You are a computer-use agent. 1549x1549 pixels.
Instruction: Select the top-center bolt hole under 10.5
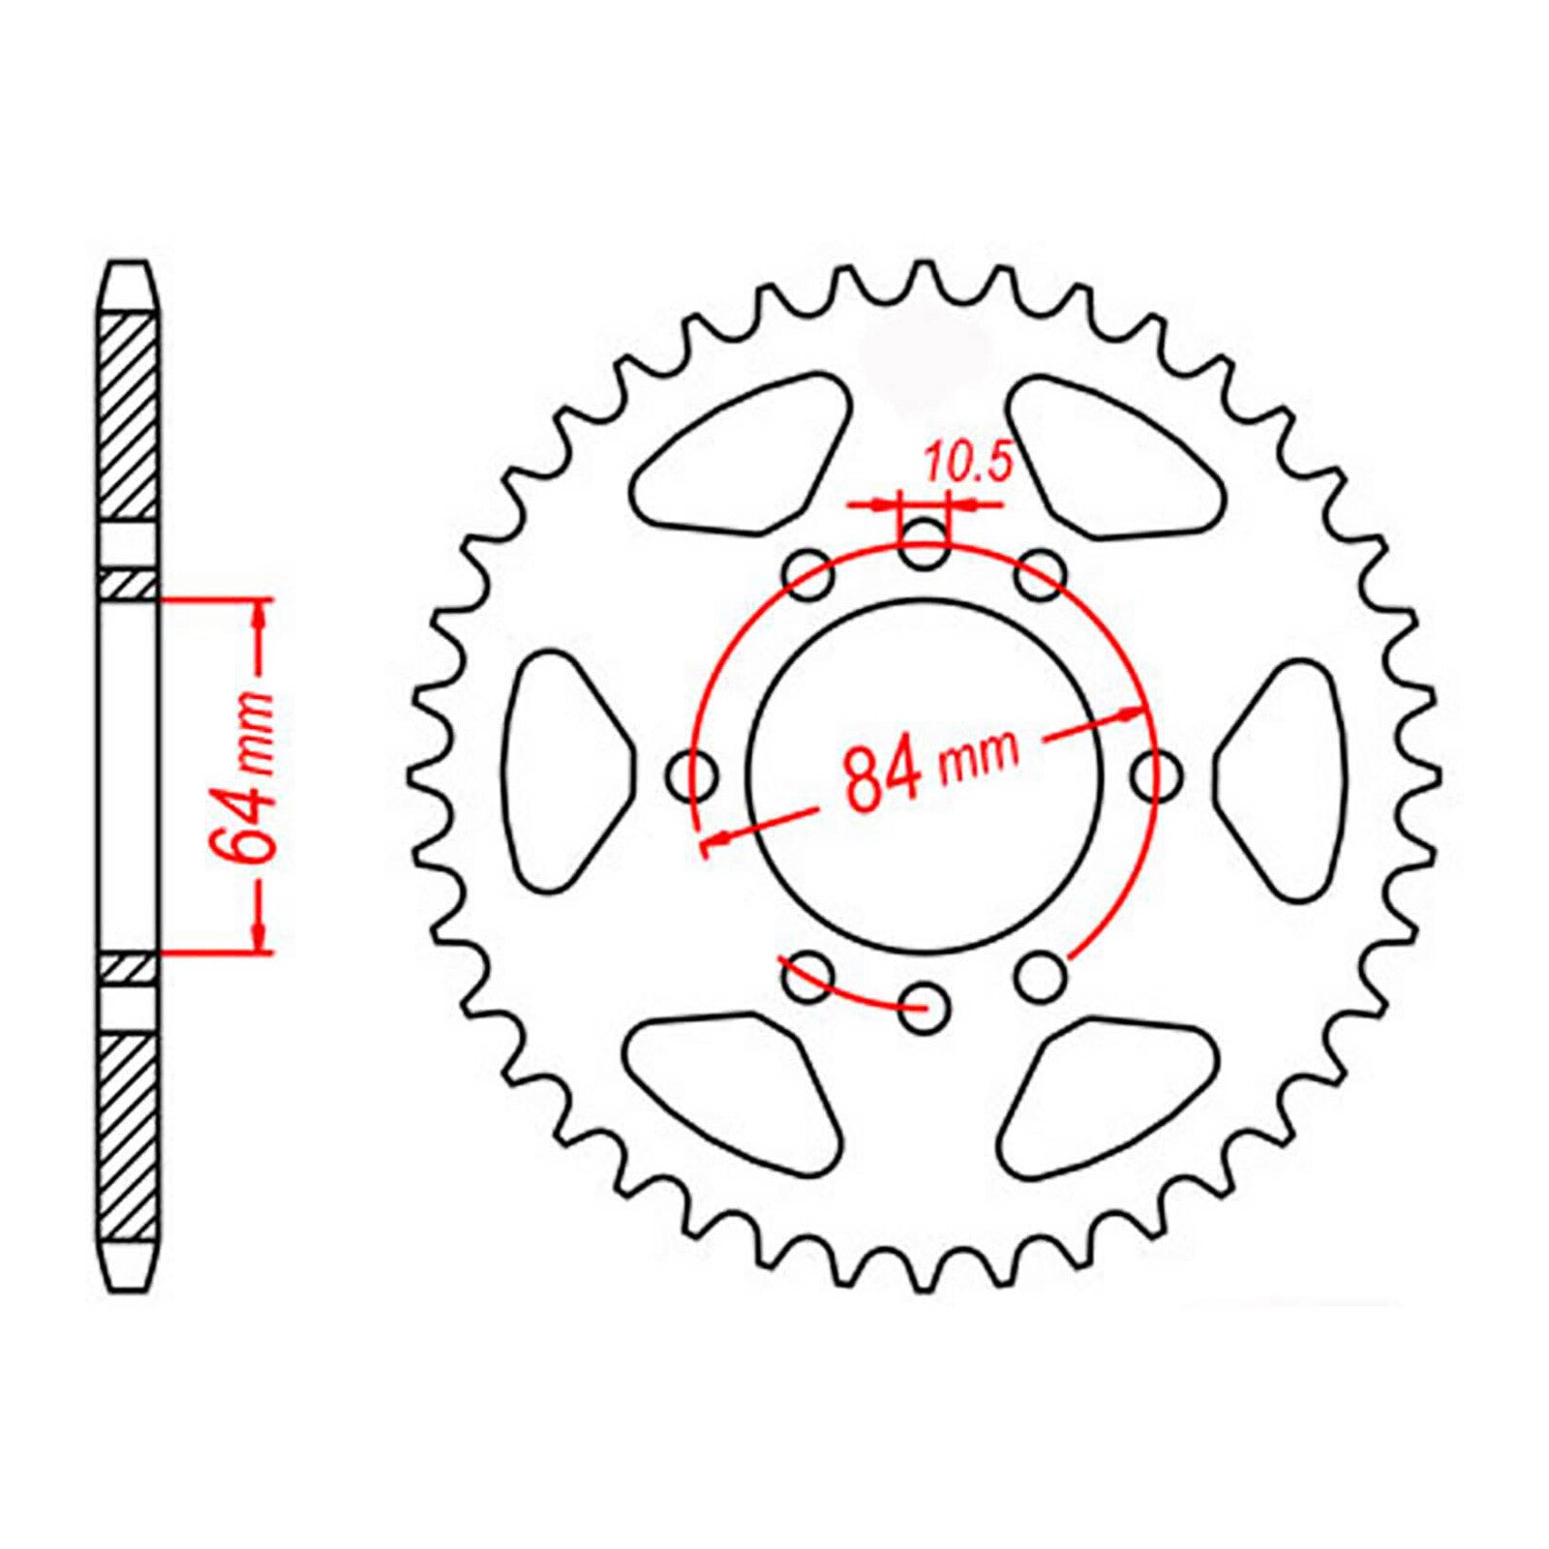click(924, 544)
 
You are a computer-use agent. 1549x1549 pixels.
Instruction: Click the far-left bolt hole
click(693, 775)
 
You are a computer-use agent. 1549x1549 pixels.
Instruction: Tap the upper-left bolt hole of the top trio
click(808, 577)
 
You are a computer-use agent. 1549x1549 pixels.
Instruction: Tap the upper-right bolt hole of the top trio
click(1041, 575)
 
